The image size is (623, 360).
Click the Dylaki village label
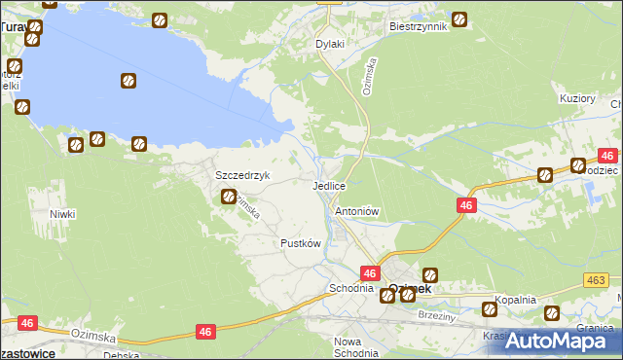(x=331, y=44)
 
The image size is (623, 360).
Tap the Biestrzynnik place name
(x=417, y=26)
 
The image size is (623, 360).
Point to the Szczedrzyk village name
(x=242, y=175)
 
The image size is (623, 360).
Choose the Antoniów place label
(x=356, y=210)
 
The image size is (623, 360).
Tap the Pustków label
(x=301, y=242)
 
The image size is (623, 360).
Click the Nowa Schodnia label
(x=354, y=347)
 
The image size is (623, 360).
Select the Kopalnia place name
(x=515, y=300)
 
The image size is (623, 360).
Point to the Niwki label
(x=63, y=213)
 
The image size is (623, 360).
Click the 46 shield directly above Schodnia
(x=370, y=273)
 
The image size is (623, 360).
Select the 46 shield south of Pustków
(x=205, y=332)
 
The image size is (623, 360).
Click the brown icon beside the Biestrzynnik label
(x=458, y=18)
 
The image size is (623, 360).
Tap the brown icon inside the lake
(x=128, y=81)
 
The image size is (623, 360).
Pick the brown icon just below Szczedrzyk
(x=227, y=197)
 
